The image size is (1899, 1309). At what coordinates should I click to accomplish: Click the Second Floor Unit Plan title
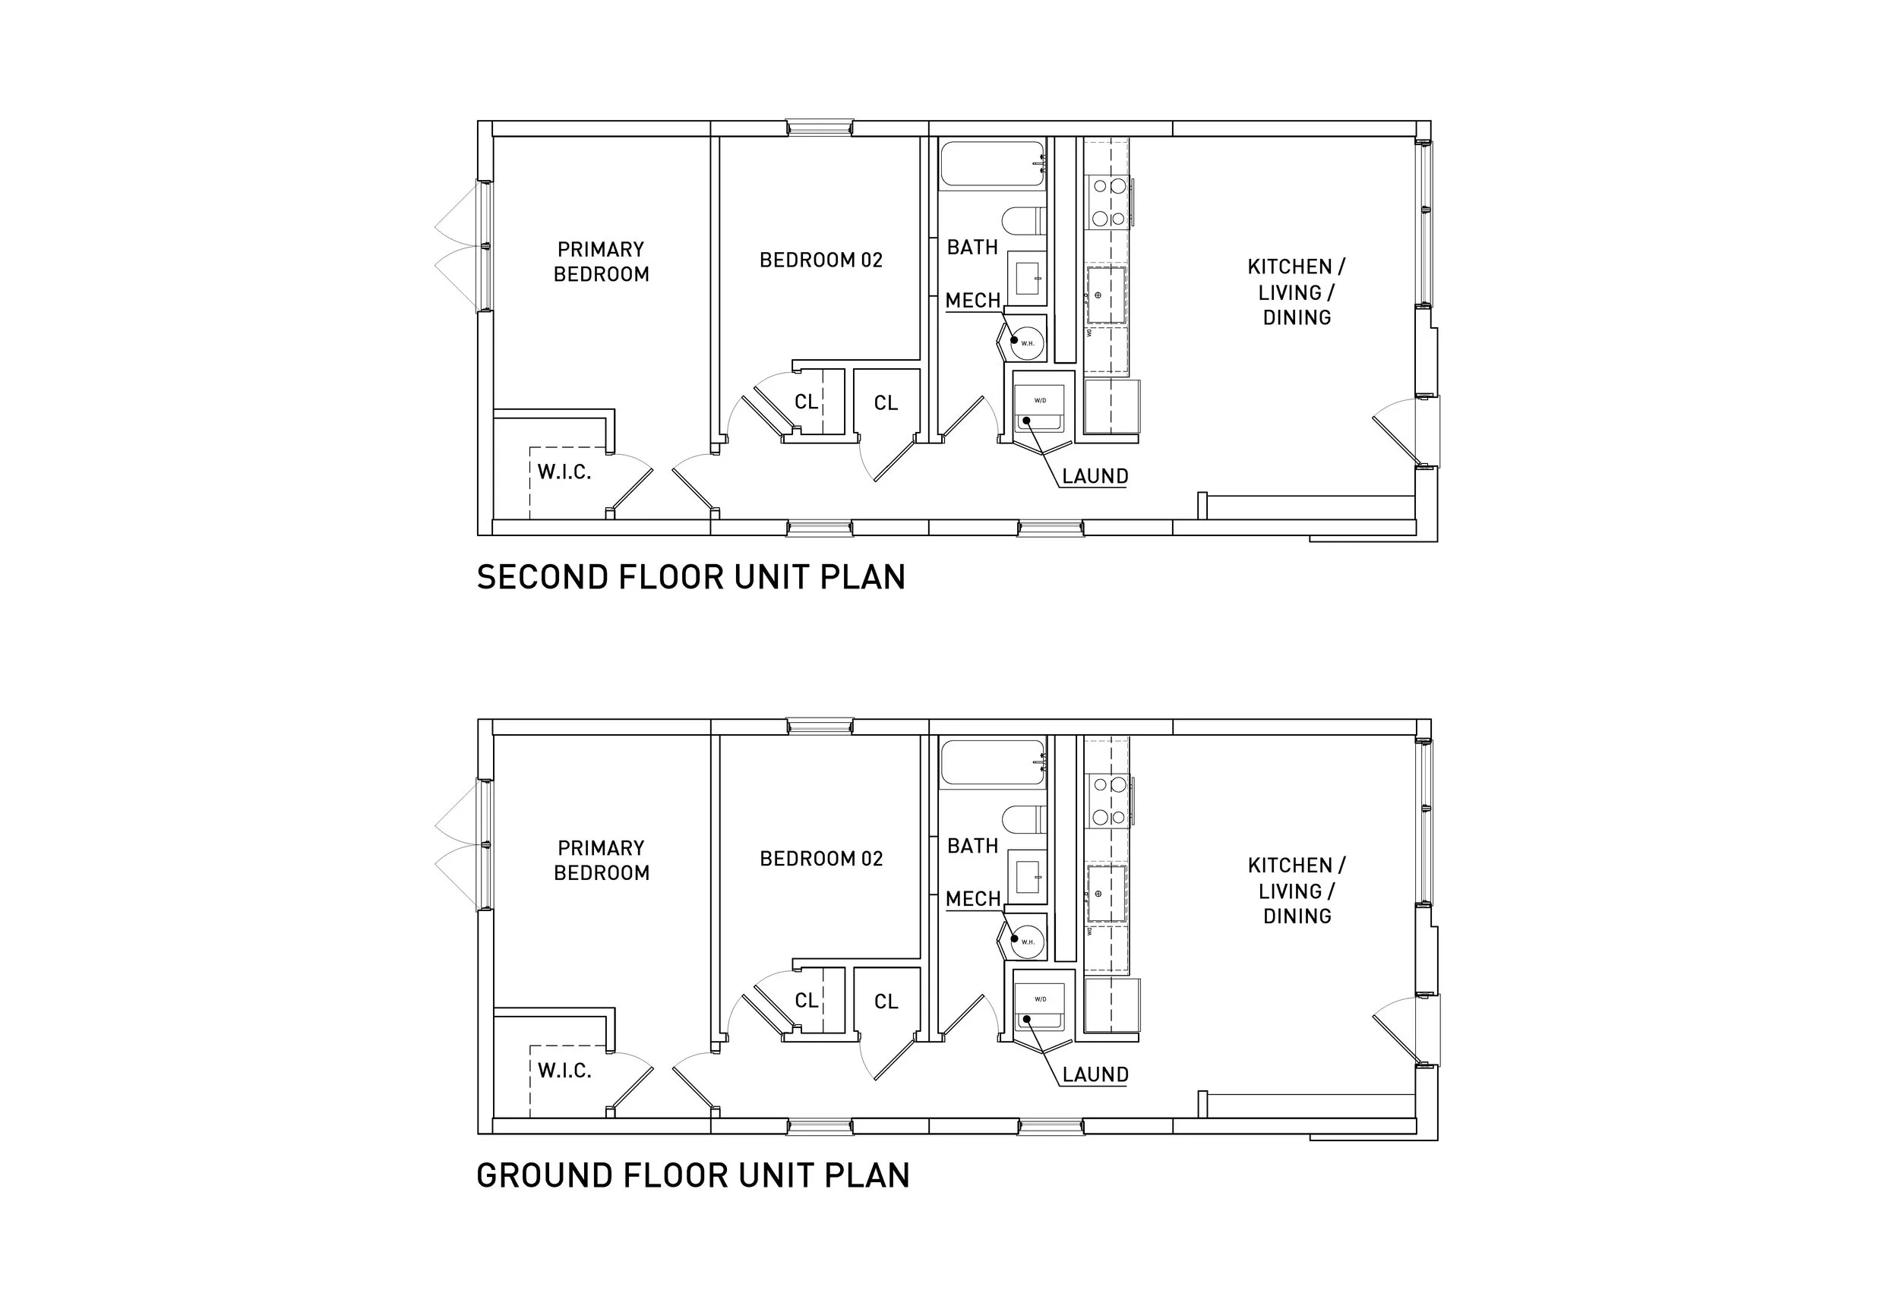690,577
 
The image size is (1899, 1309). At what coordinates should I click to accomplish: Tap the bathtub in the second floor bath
992,164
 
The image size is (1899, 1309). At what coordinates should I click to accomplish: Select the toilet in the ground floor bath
1024,819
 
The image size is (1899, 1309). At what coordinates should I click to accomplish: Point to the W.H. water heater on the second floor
1026,341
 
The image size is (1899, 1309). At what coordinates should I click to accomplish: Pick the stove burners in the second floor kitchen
1108,203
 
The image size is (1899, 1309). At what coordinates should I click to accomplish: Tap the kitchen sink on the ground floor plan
1106,893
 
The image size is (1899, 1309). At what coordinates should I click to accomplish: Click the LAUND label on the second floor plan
1095,477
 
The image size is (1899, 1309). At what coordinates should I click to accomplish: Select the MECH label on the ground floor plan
973,899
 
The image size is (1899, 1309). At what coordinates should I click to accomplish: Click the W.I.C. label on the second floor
564,472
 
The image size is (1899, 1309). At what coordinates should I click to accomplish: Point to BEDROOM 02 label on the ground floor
821,859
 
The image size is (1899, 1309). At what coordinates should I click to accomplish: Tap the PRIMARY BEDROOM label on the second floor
602,262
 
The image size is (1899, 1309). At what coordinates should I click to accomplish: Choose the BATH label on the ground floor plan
973,846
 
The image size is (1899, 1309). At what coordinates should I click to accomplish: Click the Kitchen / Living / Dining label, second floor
1296,292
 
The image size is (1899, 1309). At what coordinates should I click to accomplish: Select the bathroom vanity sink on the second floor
1027,278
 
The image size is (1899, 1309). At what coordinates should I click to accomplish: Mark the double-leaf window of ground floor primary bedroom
484,844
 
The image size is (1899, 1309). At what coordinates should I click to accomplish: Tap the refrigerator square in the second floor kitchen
1111,406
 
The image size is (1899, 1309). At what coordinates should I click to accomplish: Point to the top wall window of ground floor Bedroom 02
820,726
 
